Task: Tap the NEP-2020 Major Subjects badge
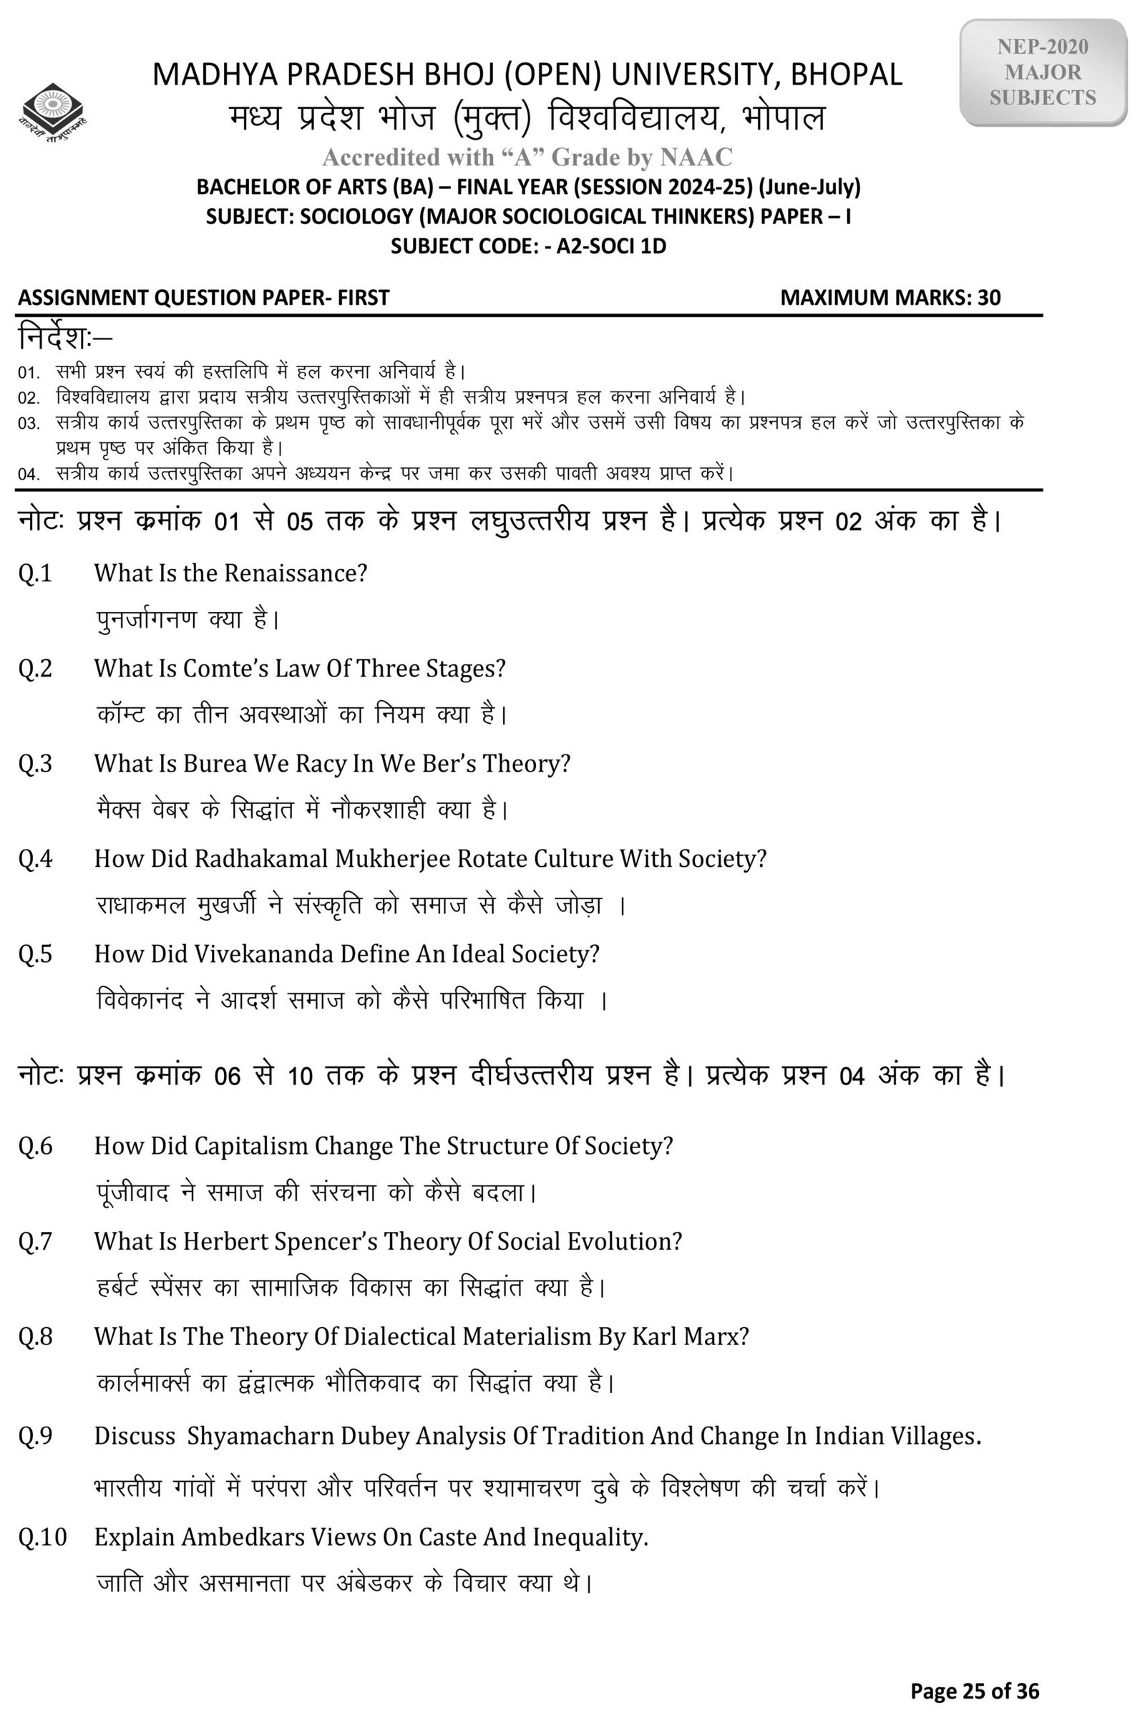[x=1043, y=72]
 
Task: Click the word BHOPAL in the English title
[x=847, y=74]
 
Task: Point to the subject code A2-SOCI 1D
[x=611, y=246]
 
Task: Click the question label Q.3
[x=35, y=764]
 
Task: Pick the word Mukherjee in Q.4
[x=392, y=859]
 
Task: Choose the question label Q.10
[x=42, y=1537]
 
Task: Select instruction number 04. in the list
[x=29, y=474]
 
